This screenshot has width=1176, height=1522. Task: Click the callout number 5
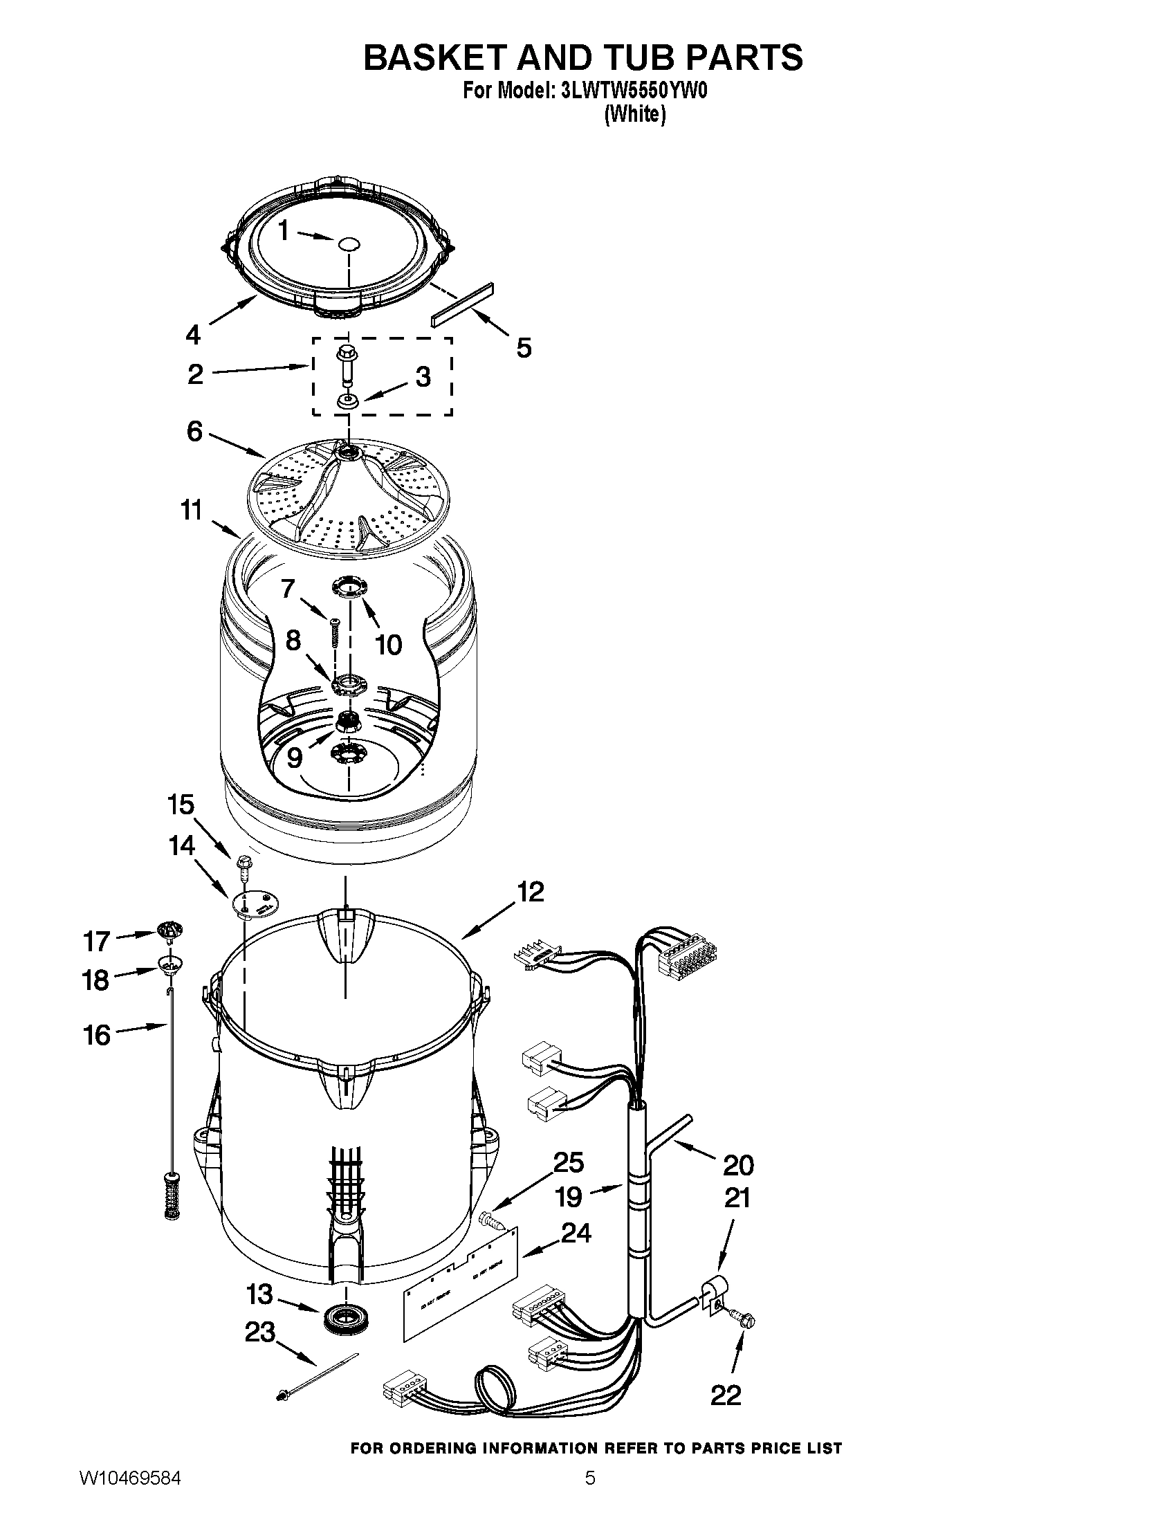tap(524, 347)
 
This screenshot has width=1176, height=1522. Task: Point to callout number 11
tap(191, 510)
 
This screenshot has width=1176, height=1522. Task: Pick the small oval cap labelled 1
tap(349, 244)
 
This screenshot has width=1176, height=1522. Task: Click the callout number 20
tap(738, 1164)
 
